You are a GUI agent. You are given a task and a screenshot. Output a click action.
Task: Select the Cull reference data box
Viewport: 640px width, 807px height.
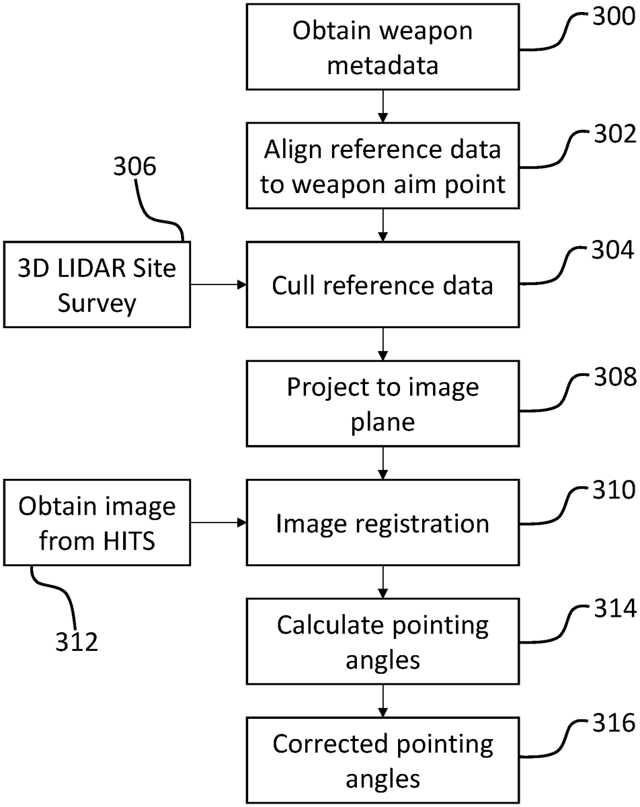(382, 286)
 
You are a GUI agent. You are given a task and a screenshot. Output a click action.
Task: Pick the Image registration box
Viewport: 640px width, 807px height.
(382, 523)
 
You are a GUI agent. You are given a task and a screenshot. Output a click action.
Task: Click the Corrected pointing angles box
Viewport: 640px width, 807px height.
(382, 760)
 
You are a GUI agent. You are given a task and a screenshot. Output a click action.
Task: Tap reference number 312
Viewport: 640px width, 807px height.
(76, 642)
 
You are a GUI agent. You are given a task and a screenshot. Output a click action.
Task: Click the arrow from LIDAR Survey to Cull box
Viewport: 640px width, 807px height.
(218, 286)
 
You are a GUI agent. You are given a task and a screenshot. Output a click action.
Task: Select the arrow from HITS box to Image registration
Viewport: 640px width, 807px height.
(218, 523)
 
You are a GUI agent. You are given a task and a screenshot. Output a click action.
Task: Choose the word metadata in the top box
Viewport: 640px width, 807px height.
(382, 66)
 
